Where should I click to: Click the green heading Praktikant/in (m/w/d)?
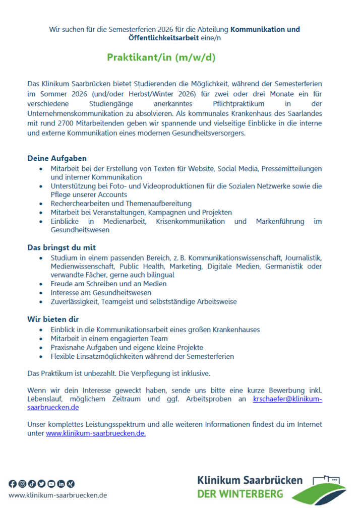tap(161, 57)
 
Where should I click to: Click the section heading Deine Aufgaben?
tap(57, 159)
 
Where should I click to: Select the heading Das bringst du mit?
tap(62, 247)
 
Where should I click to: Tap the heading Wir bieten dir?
tap(53, 319)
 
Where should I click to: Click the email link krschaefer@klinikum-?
tap(287, 399)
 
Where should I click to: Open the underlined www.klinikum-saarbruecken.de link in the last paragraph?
tap(96, 433)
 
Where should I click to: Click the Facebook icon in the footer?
tap(13, 484)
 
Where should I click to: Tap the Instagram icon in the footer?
tap(22, 484)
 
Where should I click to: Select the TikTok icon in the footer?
tap(32, 484)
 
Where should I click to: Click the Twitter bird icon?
tap(41, 484)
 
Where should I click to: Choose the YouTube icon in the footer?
tap(51, 484)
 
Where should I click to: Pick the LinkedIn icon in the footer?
tap(61, 484)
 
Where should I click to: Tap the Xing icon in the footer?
tap(71, 484)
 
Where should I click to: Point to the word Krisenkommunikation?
tap(195, 222)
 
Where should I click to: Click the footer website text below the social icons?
tap(57, 495)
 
